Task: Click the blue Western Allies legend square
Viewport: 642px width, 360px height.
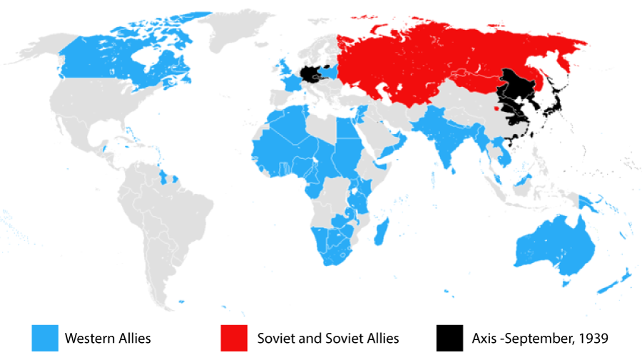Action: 45,338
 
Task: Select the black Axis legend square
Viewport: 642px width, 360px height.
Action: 449,338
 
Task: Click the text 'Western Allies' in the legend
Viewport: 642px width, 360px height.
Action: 108,338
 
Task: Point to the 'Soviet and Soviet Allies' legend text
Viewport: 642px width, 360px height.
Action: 328,338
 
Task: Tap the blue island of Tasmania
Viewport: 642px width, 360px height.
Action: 566,284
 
